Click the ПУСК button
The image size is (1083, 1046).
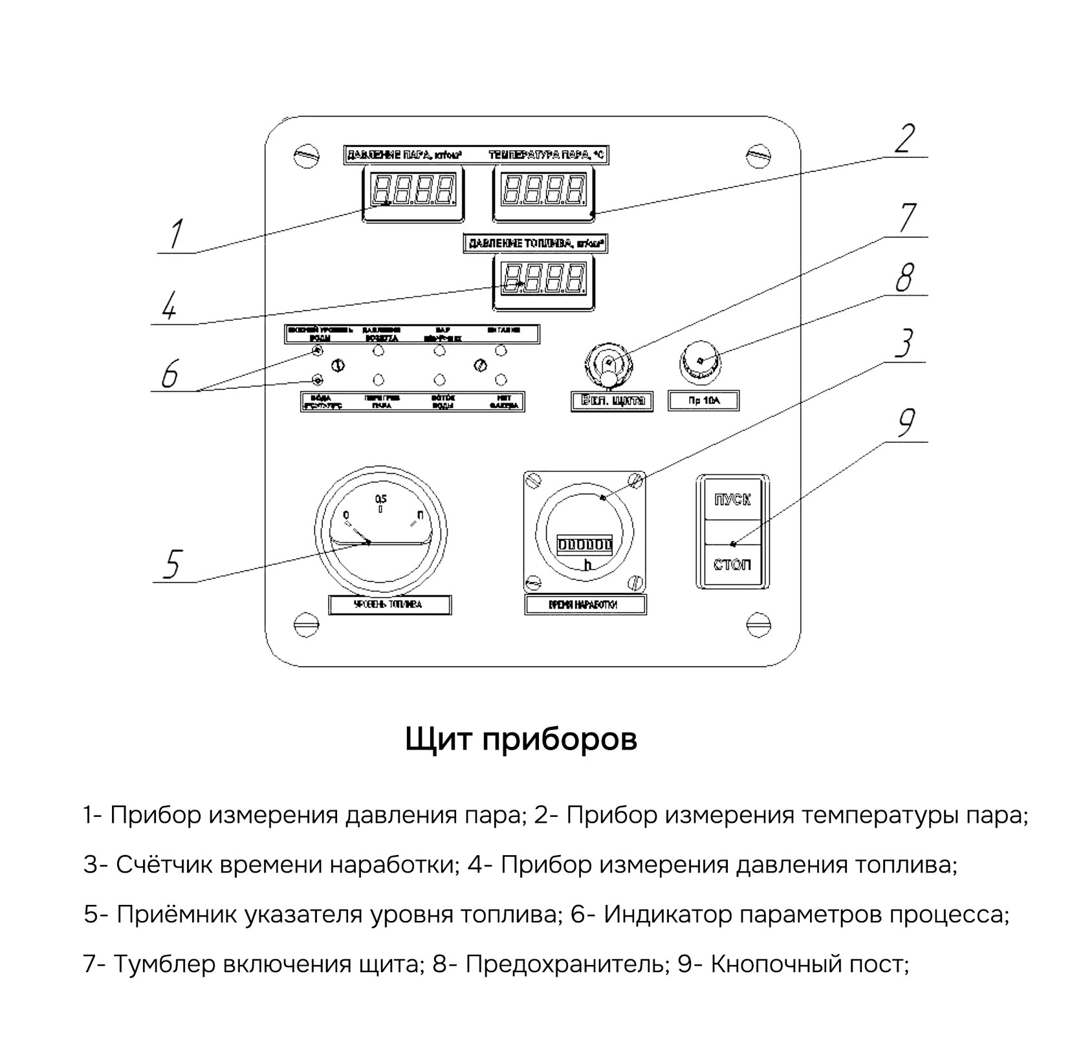(732, 499)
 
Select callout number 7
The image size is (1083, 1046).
(908, 218)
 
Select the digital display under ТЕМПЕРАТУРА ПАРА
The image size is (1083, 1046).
(545, 193)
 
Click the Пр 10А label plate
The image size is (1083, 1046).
(704, 401)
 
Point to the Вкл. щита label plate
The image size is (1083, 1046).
(611, 401)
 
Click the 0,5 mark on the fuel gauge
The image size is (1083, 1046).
(380, 499)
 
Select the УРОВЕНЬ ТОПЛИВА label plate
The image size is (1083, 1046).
(389, 605)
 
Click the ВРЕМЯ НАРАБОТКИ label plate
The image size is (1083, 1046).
(585, 605)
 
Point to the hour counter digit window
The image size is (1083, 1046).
(585, 544)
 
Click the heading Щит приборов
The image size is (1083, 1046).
(521, 739)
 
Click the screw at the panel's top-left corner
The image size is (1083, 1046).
(306, 155)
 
